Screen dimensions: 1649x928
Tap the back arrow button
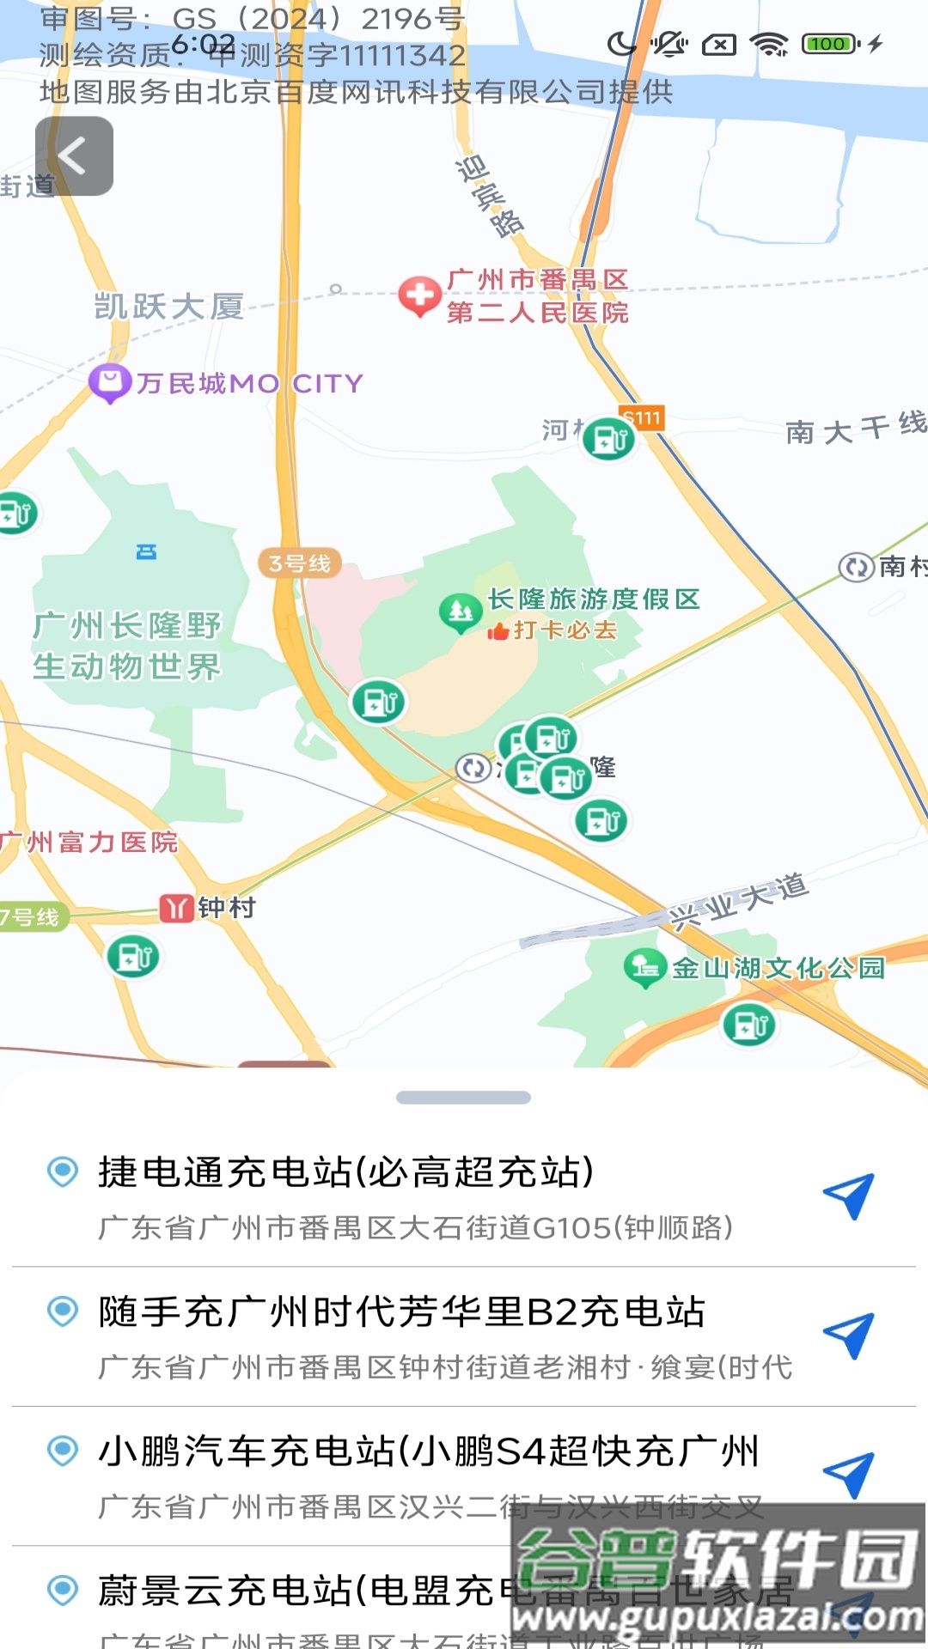(74, 156)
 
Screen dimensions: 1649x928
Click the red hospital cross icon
(419, 295)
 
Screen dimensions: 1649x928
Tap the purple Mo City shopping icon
(110, 383)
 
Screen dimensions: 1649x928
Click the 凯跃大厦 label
(169, 307)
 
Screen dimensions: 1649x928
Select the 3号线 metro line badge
(299, 563)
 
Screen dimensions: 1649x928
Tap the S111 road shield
(642, 418)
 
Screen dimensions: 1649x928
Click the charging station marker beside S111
(608, 440)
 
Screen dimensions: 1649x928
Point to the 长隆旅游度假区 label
(594, 599)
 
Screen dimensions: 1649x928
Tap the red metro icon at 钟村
(176, 908)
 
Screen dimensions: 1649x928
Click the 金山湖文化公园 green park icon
(645, 967)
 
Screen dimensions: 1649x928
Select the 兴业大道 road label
(740, 901)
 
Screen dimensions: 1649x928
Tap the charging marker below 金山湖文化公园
(749, 1025)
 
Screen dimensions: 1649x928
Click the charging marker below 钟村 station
(133, 956)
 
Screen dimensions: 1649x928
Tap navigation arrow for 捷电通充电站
(849, 1196)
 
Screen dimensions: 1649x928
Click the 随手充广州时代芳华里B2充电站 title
(401, 1312)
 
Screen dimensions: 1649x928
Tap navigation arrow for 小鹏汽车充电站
(849, 1475)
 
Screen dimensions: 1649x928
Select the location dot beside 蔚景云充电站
(63, 1590)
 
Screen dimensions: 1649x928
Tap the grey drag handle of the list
(463, 1098)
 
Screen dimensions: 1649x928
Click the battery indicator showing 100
(829, 44)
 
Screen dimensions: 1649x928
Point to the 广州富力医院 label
(89, 843)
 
